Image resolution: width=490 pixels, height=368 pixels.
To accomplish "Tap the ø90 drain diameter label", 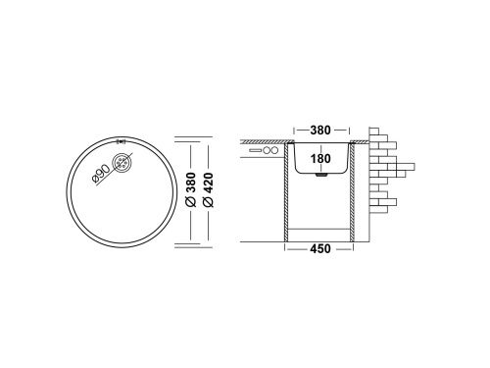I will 101,173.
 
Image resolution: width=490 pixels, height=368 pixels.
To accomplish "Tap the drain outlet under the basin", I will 321,179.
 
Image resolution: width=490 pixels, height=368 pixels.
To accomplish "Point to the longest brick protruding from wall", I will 400,165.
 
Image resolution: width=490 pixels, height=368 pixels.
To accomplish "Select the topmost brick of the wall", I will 377,131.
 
